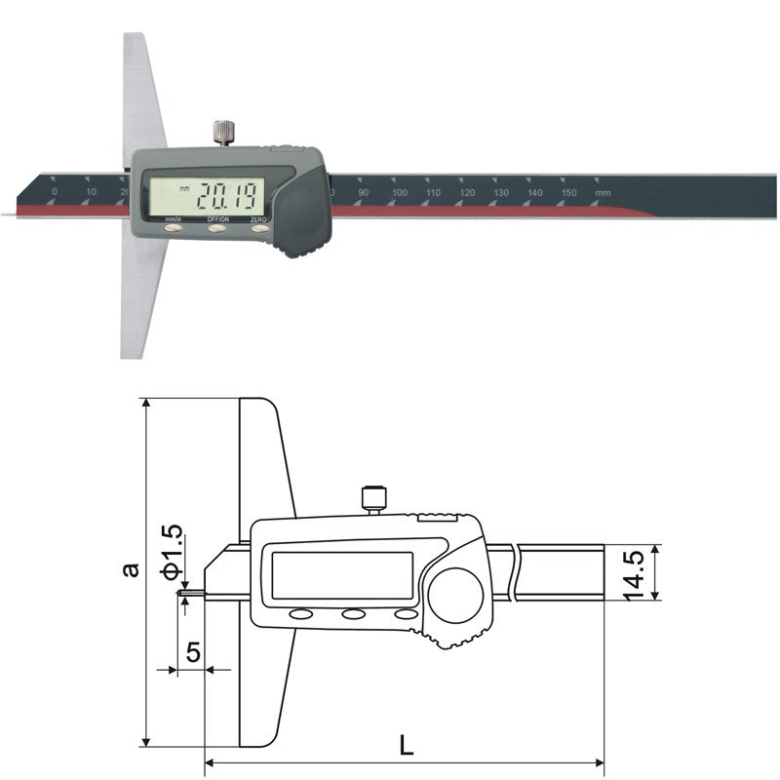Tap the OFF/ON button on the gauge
[x=216, y=230]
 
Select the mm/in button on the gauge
[x=174, y=230]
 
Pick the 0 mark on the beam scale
[x=55, y=193]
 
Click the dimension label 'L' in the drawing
[x=407, y=746]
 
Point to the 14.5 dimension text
[x=634, y=573]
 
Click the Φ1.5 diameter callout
[x=172, y=549]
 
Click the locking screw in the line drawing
[x=371, y=499]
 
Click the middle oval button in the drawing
[x=352, y=614]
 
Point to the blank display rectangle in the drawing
[x=341, y=575]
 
